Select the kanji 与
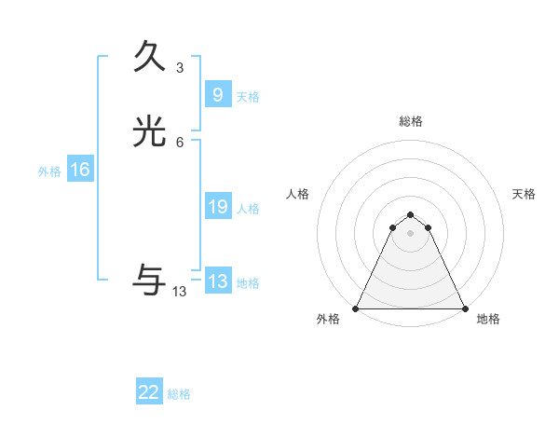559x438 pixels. point(150,280)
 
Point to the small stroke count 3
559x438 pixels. point(180,68)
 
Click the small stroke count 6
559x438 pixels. point(180,143)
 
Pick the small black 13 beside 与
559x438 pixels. point(180,292)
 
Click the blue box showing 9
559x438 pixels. point(217,95)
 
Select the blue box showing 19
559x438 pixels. point(217,207)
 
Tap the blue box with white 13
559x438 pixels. point(217,281)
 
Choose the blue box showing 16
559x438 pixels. point(79,170)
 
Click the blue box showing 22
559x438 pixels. point(149,392)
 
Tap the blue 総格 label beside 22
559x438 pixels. point(179,394)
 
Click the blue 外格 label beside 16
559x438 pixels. point(49,171)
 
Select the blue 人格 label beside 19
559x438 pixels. point(248,209)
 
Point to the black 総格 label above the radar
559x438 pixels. point(411,121)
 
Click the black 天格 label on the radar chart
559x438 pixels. point(524,194)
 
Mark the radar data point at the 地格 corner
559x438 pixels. point(464,308)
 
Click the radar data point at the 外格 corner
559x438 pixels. point(356,308)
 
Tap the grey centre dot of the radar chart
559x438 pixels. point(410,233)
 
